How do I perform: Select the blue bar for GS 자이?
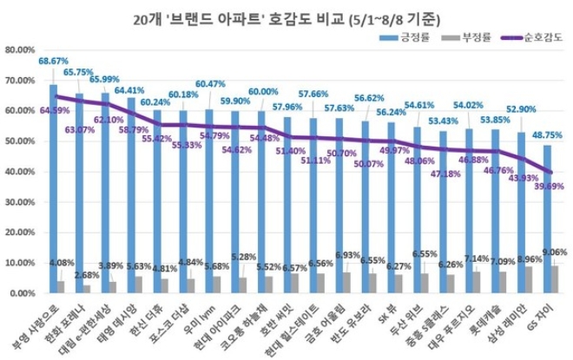tap(546, 226)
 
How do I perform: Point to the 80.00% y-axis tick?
tap(21, 50)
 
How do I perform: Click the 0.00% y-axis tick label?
tap(23, 293)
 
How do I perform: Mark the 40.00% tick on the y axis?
tap(21, 172)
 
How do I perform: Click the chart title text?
tap(286, 16)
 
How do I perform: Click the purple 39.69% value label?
tap(542, 185)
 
